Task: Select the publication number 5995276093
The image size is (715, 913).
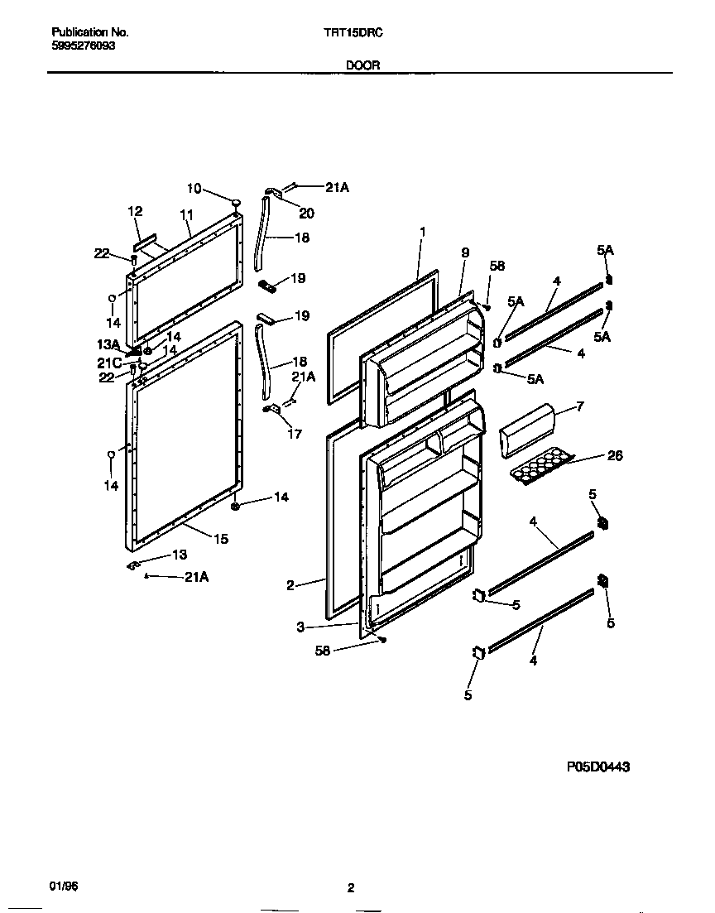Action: (x=84, y=46)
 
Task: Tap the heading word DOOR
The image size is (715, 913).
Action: (x=363, y=65)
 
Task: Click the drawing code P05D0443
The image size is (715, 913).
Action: (x=598, y=767)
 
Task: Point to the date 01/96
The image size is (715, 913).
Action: (x=62, y=887)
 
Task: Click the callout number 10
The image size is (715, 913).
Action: (x=194, y=188)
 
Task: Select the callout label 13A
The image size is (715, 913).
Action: (x=109, y=344)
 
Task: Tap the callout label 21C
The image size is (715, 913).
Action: (x=109, y=363)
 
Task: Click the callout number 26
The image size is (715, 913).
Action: (x=614, y=455)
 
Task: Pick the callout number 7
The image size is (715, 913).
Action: (x=580, y=406)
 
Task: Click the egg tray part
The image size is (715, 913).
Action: (x=542, y=467)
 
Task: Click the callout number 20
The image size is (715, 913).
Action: (x=306, y=213)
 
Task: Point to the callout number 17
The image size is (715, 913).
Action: (x=294, y=434)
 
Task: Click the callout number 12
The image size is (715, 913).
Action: (x=135, y=212)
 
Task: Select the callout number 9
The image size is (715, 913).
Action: (x=464, y=252)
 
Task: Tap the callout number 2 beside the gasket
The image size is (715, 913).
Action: (x=290, y=585)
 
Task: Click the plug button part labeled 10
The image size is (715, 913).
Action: (x=237, y=201)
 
